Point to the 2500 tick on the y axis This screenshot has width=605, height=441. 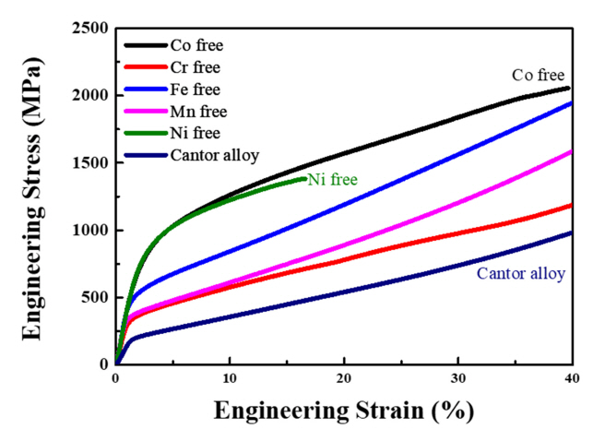89,29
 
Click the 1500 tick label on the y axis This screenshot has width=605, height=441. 89,163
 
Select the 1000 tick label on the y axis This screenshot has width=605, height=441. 89,231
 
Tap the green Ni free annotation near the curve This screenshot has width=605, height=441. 332,179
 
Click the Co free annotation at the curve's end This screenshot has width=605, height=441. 540,76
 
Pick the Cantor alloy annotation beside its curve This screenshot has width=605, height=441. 520,273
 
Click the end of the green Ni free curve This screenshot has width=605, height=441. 305,179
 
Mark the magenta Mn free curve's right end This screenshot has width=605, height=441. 571,151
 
